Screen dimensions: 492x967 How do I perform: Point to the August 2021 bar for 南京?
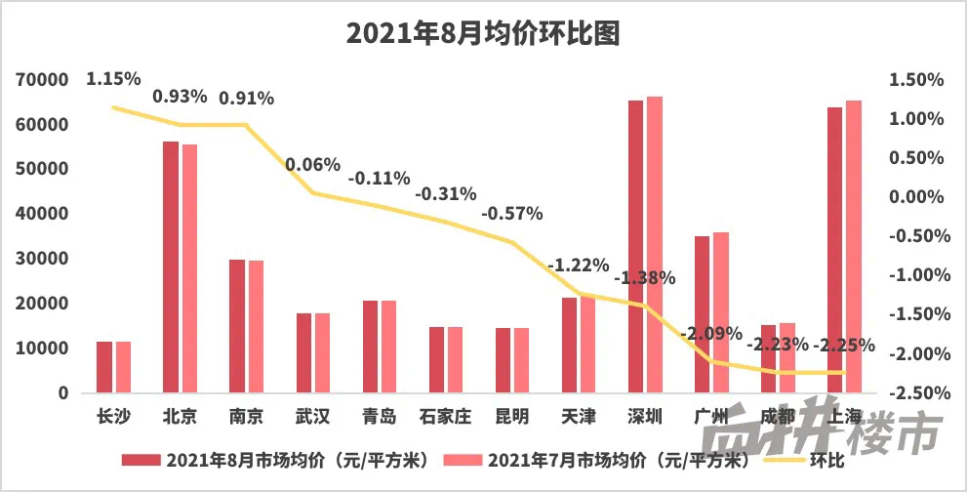pyautogui.click(x=236, y=326)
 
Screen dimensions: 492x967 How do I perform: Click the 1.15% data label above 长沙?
pyautogui.click(x=113, y=78)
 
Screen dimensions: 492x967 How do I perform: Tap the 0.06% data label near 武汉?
pyautogui.click(x=313, y=164)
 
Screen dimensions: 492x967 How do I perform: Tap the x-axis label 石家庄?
pyautogui.click(x=444, y=417)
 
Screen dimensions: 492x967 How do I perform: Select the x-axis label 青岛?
pyautogui.click(x=379, y=417)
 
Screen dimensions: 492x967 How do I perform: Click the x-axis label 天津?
pyautogui.click(x=578, y=417)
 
